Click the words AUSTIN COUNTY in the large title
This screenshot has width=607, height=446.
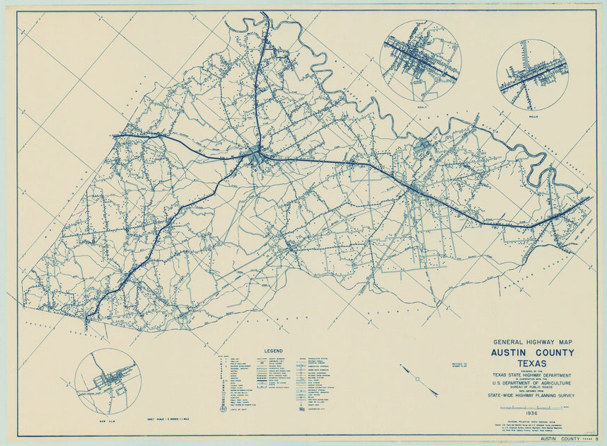click(533, 353)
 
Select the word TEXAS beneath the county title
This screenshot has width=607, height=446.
click(533, 363)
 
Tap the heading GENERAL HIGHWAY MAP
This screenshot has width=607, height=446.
click(533, 341)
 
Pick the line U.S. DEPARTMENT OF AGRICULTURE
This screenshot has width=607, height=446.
click(533, 383)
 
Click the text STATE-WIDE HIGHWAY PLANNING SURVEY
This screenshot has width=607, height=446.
click(533, 396)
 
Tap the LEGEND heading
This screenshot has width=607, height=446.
click(274, 351)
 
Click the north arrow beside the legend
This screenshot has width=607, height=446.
click(418, 379)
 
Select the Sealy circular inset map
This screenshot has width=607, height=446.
click(420, 60)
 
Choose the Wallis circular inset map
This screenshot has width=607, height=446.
click(532, 74)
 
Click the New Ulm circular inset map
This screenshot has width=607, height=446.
click(108, 382)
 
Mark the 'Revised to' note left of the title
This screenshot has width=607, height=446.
click(459, 365)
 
